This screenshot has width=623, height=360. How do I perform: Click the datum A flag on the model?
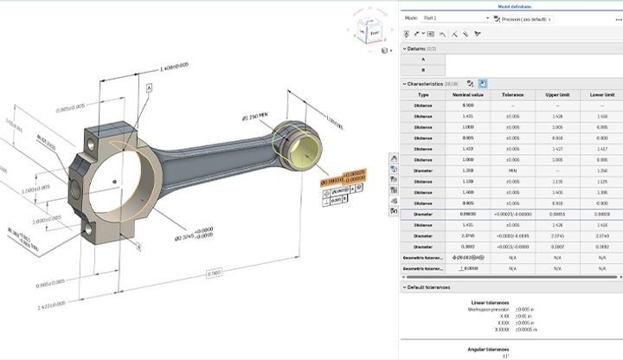tap(149, 88)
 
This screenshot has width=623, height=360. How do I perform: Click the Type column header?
tap(423, 94)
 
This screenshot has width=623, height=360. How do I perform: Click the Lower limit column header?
tap(601, 94)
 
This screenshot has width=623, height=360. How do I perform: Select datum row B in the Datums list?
tap(423, 70)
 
